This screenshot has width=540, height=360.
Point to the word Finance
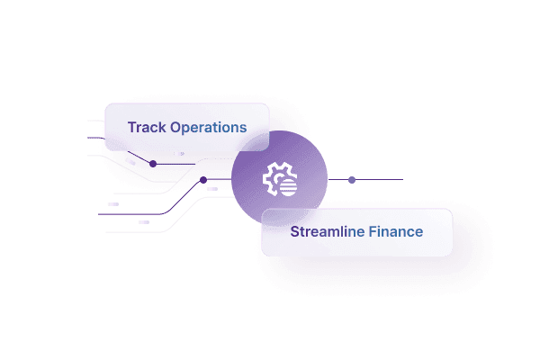point(396,231)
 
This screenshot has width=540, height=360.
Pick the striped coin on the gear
point(287,187)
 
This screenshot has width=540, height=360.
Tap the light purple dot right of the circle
point(352,180)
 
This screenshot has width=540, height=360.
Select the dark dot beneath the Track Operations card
point(153,164)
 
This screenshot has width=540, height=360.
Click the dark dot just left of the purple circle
point(203,180)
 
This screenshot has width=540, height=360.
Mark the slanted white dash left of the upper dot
point(131,162)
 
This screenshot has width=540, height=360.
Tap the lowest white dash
point(144,221)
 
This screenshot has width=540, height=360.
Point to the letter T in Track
point(132,127)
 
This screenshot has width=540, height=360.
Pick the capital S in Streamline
point(294,231)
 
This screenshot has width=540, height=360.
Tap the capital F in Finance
point(373,231)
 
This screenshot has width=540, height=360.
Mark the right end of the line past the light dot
point(401,180)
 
